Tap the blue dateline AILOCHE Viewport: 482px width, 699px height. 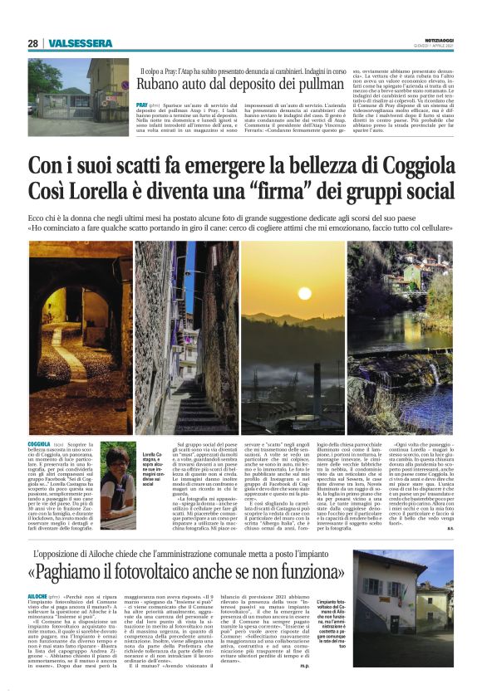tap(38, 596)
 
